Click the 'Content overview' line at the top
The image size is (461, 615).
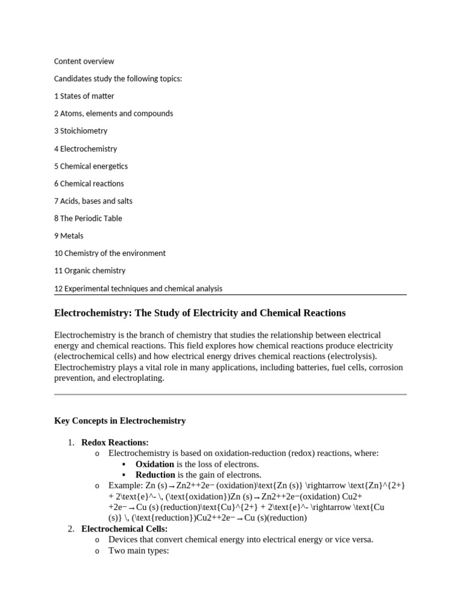pyautogui.click(x=84, y=61)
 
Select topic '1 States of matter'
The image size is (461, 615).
pyautogui.click(x=84, y=96)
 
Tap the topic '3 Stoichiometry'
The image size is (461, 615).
pyautogui.click(x=80, y=131)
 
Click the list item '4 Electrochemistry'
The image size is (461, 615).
pyautogui.click(x=85, y=148)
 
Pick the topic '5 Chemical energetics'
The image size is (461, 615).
pyautogui.click(x=91, y=166)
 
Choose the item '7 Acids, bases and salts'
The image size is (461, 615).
pyautogui.click(x=93, y=201)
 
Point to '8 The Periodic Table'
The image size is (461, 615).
pyautogui.click(x=88, y=218)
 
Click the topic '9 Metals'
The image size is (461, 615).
pyautogui.click(x=69, y=235)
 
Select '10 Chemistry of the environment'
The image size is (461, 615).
pyautogui.click(x=110, y=253)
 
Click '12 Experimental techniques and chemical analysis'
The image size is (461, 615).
pyautogui.click(x=138, y=288)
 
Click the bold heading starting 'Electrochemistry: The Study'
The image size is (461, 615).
pyautogui.click(x=200, y=313)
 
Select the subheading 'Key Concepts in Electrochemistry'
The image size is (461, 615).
pyautogui.click(x=120, y=421)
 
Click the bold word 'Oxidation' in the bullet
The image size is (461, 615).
pyautogui.click(x=155, y=464)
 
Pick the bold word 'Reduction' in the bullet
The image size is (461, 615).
pyautogui.click(x=155, y=475)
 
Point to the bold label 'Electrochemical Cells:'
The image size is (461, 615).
pyautogui.click(x=124, y=529)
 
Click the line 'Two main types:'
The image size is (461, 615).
pyautogui.click(x=139, y=551)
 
